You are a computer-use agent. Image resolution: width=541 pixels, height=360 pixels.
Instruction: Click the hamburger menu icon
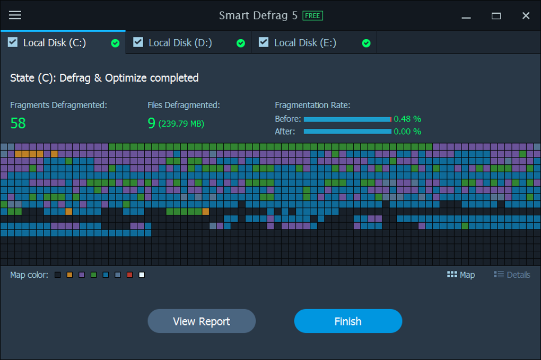pos(15,15)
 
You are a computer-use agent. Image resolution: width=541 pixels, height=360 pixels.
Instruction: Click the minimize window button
pos(466,16)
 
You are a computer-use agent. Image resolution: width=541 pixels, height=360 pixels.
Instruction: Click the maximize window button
pos(496,16)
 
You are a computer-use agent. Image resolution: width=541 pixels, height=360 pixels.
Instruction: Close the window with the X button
pos(526,16)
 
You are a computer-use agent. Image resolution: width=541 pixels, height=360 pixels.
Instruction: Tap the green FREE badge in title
pos(312,15)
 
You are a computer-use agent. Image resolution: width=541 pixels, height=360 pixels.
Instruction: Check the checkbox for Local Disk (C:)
pos(13,42)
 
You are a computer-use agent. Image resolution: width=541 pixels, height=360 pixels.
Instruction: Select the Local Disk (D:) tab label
pos(180,43)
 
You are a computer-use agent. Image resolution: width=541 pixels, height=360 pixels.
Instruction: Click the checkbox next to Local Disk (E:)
pos(264,42)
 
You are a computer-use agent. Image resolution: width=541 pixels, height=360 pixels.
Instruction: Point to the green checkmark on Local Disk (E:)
pos(366,43)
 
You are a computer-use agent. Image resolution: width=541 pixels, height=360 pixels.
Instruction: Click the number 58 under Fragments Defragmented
pos(18,123)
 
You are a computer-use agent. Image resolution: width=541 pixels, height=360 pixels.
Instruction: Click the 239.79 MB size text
pos(181,124)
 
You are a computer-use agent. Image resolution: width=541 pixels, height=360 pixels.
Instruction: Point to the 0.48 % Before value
pos(407,119)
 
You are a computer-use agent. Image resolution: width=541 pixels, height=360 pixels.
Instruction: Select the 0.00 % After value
pos(407,131)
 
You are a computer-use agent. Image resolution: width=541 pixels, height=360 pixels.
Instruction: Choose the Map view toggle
pos(461,275)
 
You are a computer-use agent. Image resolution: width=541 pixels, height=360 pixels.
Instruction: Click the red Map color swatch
pos(129,275)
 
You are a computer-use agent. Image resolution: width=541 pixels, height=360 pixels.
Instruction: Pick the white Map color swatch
pos(142,275)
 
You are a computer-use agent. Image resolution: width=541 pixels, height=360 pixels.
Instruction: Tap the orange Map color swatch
pos(69,275)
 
